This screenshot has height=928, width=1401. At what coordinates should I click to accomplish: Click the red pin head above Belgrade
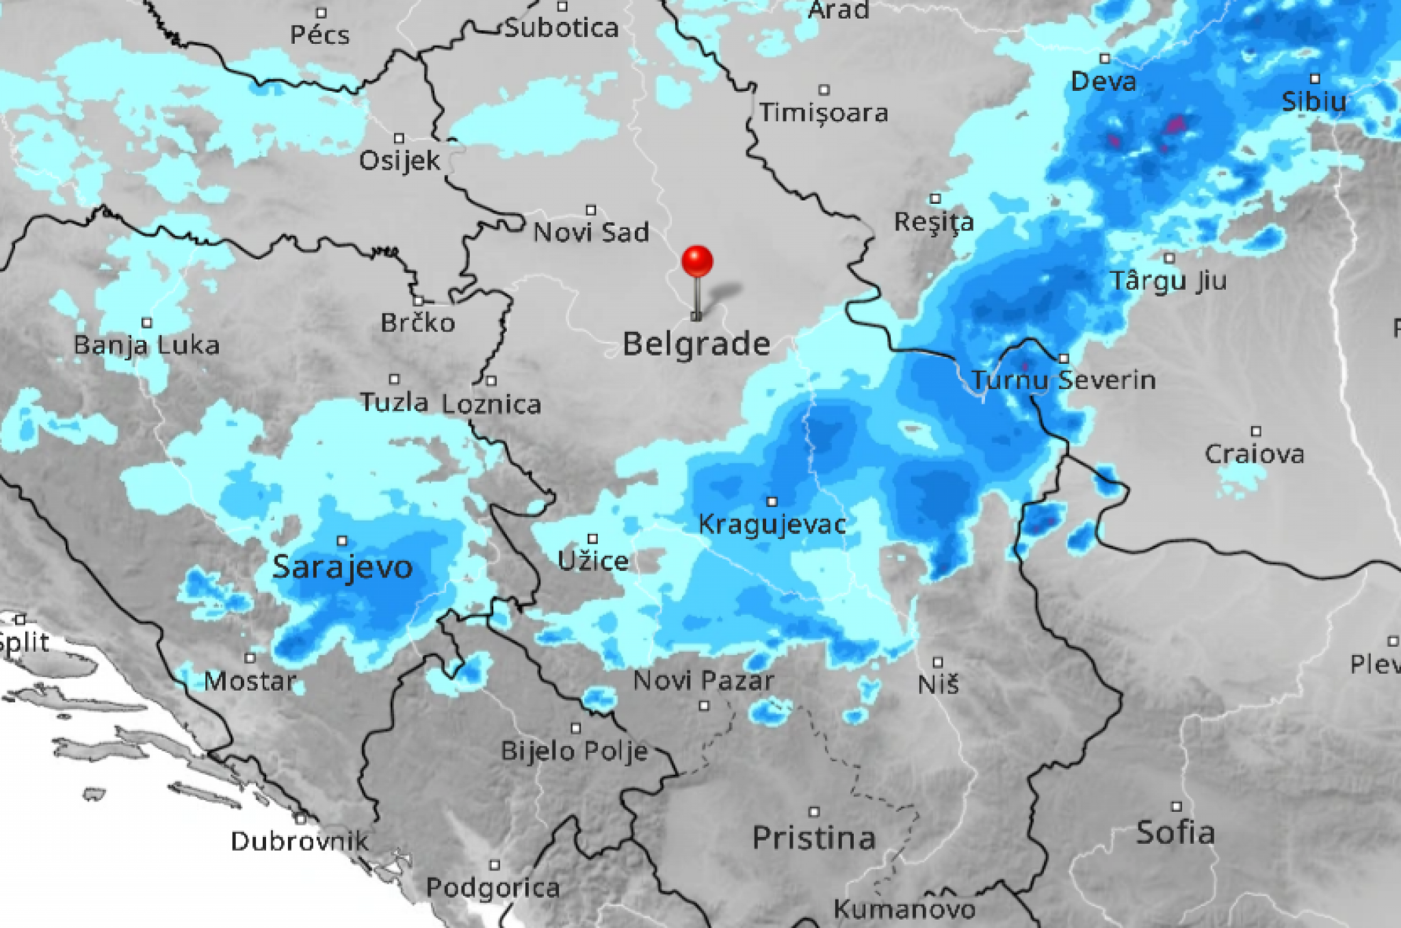click(x=697, y=261)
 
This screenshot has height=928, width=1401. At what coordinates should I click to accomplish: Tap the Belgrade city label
click(x=696, y=343)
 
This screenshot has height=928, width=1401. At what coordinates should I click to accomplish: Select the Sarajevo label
click(x=342, y=567)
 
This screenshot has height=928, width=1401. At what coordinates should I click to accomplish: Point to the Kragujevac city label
click(x=772, y=525)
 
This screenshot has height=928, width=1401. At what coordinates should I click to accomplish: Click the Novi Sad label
click(x=591, y=233)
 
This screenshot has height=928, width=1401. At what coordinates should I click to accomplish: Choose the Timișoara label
click(x=824, y=112)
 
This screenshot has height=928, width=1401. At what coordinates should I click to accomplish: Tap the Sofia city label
click(x=1175, y=832)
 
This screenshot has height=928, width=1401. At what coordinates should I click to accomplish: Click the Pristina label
click(x=814, y=838)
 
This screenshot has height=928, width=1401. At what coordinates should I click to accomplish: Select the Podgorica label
click(x=493, y=888)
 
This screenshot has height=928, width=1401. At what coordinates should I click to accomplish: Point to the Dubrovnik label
click(x=300, y=841)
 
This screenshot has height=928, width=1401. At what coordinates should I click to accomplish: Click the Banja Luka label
click(x=146, y=345)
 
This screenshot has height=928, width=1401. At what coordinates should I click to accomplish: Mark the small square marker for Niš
click(x=938, y=662)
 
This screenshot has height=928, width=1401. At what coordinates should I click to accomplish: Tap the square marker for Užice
click(x=593, y=539)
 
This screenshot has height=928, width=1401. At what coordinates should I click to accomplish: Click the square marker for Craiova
click(x=1256, y=431)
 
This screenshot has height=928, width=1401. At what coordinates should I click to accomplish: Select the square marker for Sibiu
click(x=1314, y=79)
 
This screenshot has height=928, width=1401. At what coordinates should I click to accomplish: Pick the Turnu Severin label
click(x=1064, y=380)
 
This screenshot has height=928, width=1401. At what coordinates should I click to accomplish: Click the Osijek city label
click(x=400, y=161)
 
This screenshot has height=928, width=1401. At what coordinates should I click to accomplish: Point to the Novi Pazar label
click(x=703, y=681)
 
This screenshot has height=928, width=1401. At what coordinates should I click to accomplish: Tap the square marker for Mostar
click(x=250, y=658)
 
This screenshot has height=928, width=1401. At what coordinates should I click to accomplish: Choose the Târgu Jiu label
click(x=1168, y=281)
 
